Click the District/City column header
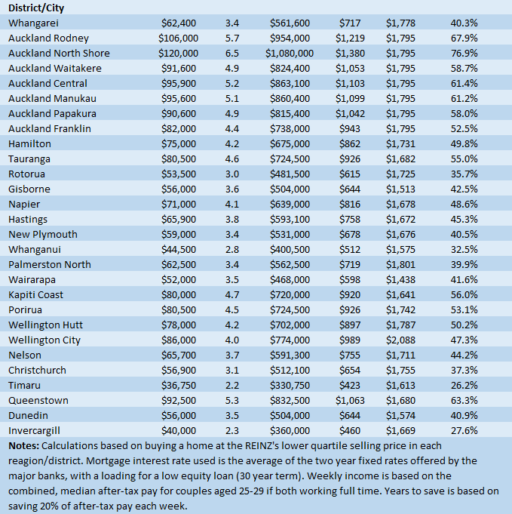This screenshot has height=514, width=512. [36, 8]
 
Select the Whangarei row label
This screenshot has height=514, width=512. [32, 23]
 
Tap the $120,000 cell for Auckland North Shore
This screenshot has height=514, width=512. [179, 53]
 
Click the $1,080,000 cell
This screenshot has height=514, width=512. [290, 53]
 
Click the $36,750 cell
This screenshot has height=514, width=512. [181, 385]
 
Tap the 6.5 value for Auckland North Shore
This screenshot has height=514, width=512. [231, 53]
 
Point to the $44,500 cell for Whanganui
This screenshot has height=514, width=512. [181, 249]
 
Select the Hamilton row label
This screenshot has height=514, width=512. [30, 143]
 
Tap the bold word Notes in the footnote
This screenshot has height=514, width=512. [25, 446]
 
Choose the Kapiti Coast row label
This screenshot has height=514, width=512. [36, 294]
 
